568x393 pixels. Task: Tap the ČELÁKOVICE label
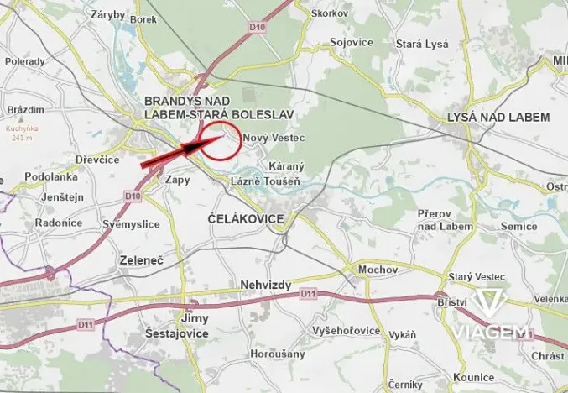coord(245,218)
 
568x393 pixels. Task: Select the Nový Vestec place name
coord(272,137)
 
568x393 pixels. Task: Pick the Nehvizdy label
coord(265,285)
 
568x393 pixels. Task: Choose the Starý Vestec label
coord(475,276)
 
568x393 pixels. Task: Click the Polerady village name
coord(25,61)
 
